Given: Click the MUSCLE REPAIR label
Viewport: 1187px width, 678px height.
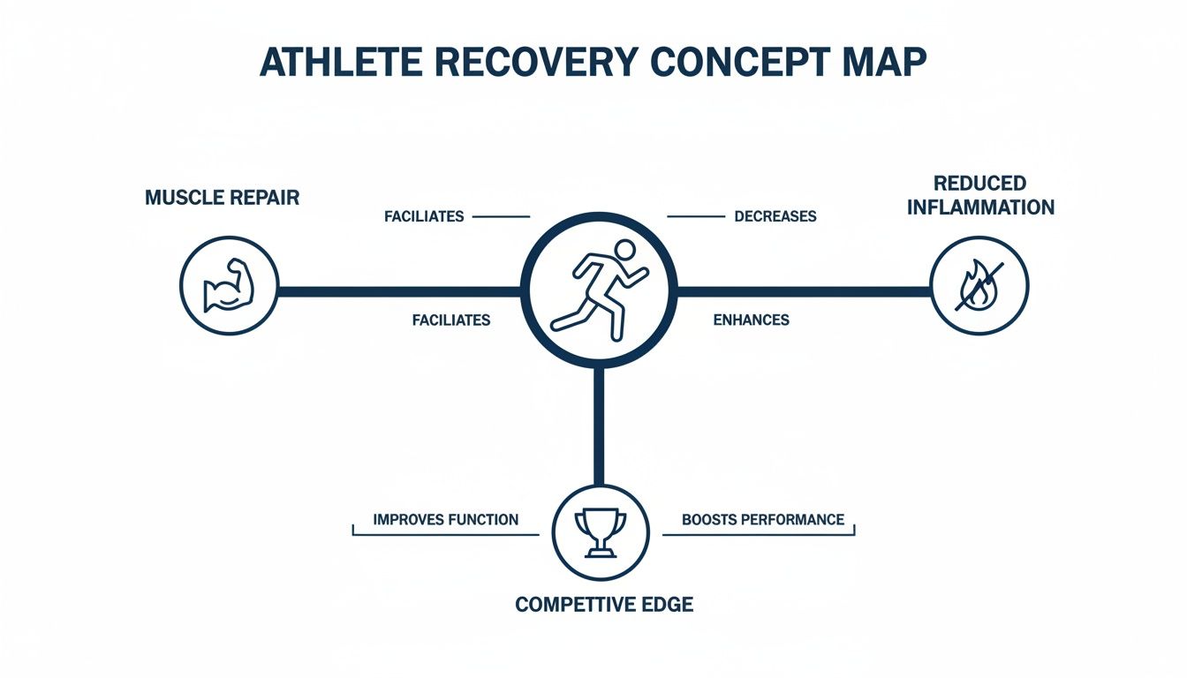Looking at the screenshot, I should tap(222, 197).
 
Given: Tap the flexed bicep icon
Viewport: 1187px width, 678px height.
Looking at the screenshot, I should tap(229, 286).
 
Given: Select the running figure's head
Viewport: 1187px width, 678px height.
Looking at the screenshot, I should tap(624, 249).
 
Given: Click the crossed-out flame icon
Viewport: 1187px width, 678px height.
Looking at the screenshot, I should tap(979, 286).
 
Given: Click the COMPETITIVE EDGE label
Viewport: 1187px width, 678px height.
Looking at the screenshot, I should tap(604, 605).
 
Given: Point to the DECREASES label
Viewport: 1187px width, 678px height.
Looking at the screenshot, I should tap(775, 216).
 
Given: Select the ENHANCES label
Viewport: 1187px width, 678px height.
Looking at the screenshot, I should tap(751, 320).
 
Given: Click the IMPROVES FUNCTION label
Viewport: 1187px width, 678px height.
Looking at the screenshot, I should tap(445, 519).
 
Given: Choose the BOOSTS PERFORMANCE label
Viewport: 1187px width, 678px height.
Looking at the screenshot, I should tap(763, 519).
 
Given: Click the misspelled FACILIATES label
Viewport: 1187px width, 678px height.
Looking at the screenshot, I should tap(450, 320).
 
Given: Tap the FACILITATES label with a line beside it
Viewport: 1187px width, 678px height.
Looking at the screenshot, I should tap(424, 216).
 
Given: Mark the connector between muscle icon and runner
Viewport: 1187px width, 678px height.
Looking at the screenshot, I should tap(397, 289).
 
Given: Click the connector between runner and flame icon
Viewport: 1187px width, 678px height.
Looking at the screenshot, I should tap(804, 289).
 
